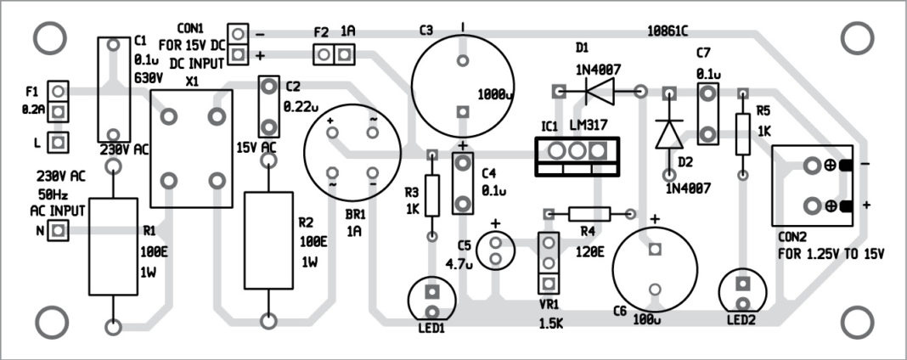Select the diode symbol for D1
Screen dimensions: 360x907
coord(600,90)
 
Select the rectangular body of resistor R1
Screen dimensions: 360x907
coord(113,246)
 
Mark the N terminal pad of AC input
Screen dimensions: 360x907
coord(58,230)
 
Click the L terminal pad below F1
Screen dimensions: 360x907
coord(58,142)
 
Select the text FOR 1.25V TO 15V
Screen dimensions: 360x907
coord(830,253)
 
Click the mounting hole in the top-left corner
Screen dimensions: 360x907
coord(49,37)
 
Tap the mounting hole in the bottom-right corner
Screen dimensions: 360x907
coord(855,322)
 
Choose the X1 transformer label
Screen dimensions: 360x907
coord(192,81)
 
